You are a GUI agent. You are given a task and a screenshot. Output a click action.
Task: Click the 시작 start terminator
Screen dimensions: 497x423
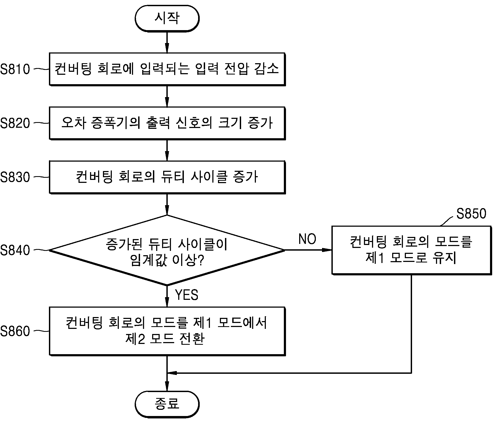167,18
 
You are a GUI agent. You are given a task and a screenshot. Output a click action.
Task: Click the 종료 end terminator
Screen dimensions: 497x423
167,404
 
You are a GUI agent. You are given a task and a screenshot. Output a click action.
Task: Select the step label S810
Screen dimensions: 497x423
15,69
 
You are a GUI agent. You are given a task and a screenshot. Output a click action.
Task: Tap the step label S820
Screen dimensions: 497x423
15,123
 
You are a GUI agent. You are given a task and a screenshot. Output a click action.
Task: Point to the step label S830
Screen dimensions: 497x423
15,177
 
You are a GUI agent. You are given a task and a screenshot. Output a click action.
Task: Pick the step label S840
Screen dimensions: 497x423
15,250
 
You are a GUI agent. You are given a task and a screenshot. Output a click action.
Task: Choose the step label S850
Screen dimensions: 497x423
471,214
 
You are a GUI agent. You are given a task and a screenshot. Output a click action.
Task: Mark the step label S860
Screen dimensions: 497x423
15,331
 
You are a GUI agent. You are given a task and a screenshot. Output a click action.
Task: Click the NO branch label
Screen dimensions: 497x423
307,239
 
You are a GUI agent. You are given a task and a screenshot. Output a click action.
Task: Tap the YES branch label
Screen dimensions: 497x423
187,295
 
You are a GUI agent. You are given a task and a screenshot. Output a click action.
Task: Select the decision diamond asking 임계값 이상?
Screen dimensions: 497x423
167,250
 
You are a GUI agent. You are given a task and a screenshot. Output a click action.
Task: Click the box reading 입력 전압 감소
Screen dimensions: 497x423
167,69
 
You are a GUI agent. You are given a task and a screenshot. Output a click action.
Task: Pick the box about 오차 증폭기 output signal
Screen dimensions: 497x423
167,123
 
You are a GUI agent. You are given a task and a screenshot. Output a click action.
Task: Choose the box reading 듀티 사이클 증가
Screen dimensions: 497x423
167,177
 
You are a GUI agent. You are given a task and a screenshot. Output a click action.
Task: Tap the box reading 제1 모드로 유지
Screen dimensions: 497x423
412,250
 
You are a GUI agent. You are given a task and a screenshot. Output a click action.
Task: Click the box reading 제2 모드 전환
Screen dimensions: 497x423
167,331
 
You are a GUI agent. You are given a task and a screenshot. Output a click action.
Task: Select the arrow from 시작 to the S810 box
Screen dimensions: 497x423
167,42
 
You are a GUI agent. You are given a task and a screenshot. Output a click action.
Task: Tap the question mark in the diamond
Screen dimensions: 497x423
201,260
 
